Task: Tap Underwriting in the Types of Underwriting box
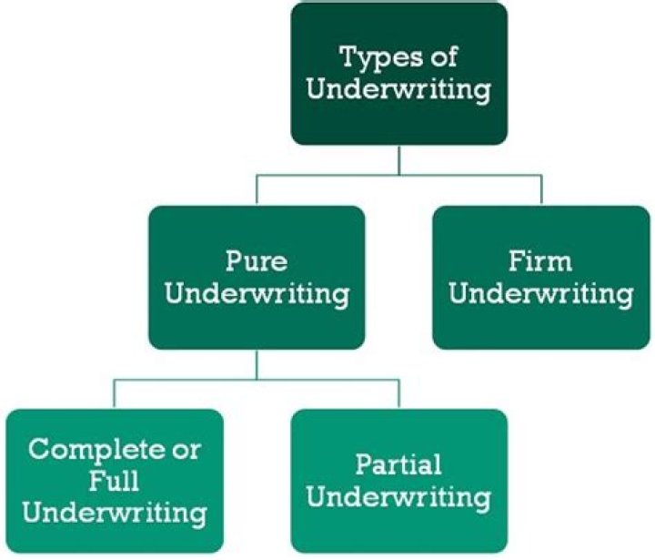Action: (399, 91)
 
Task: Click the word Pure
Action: (257, 262)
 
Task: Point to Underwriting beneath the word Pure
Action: (257, 295)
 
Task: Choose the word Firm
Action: (541, 262)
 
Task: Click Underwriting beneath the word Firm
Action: (541, 295)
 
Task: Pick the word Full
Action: (114, 480)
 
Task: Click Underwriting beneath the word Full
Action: (114, 511)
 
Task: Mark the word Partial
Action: (399, 465)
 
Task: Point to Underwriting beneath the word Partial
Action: (399, 498)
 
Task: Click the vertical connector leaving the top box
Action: (399, 159)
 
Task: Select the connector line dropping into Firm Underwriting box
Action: (541, 189)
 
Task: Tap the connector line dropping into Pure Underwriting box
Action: (257, 189)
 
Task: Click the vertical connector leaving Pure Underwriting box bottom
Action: (257, 364)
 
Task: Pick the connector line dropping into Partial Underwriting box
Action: (399, 393)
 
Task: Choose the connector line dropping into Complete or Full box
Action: (114, 393)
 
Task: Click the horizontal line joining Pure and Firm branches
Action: (327, 175)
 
